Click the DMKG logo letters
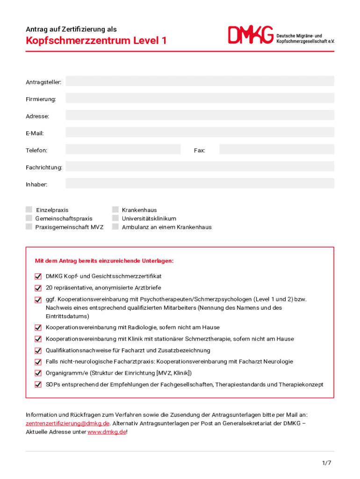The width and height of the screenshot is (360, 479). tap(251, 36)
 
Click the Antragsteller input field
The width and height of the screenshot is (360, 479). tap(200, 81)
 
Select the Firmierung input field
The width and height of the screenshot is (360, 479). tap(200, 98)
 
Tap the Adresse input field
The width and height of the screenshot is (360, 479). tap(200, 116)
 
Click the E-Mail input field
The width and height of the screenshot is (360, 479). tap(200, 132)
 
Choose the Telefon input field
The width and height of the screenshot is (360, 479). tap(123, 150)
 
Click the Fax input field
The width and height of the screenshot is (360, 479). tap(276, 150)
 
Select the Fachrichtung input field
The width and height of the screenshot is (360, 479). tap(200, 167)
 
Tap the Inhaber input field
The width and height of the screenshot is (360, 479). tap(200, 184)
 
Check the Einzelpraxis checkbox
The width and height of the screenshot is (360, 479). tap(29, 210)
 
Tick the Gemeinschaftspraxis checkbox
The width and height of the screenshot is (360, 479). tap(29, 218)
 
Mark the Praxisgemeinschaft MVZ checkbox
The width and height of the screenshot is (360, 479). tap(29, 227)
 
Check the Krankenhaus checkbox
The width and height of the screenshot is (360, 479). tap(115, 210)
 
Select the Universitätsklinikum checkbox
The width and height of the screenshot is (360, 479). tap(115, 218)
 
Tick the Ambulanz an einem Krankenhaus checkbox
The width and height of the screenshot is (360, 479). tap(115, 227)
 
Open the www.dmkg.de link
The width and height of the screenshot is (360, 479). tap(107, 432)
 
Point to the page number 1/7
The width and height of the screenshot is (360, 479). tap(326, 463)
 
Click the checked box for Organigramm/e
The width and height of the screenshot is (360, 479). tap(38, 373)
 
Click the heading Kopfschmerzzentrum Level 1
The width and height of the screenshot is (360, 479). tap(96, 41)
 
